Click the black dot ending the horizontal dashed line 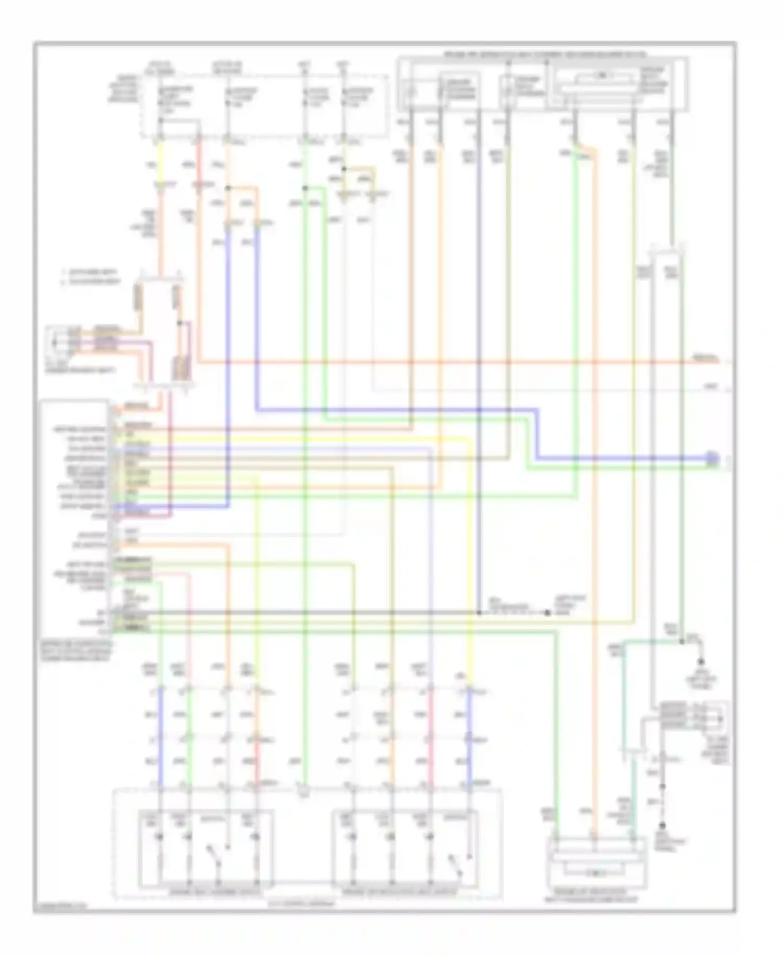pyautogui.click(x=548, y=612)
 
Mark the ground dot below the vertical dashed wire pyautogui.click(x=663, y=826)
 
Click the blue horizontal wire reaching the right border pyautogui.click(x=627, y=458)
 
